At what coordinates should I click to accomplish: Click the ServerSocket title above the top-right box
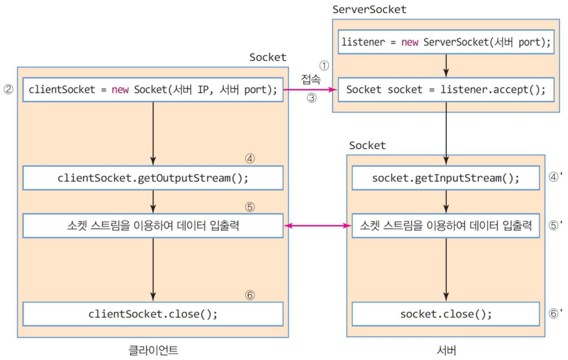(x=369, y=10)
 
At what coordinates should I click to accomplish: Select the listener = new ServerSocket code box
(x=446, y=42)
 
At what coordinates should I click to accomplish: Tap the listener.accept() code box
(x=446, y=89)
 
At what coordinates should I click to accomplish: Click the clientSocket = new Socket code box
(x=153, y=89)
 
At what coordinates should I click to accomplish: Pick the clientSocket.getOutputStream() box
(x=153, y=178)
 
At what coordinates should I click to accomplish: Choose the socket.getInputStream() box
(x=446, y=178)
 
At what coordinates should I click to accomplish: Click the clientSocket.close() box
(x=153, y=314)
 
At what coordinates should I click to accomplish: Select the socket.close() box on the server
(x=446, y=314)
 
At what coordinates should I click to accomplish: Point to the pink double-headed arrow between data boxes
(x=318, y=226)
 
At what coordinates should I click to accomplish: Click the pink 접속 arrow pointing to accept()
(x=310, y=89)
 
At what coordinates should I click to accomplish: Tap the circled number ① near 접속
(x=324, y=65)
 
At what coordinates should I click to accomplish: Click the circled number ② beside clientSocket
(x=9, y=89)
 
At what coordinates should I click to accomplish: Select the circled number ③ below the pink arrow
(x=311, y=98)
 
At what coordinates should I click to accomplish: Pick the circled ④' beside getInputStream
(x=555, y=177)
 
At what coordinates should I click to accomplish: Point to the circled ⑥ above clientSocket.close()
(x=250, y=295)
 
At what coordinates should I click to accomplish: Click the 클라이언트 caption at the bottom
(x=153, y=350)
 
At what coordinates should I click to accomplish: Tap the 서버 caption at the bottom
(x=446, y=350)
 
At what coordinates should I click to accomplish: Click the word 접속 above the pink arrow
(x=311, y=79)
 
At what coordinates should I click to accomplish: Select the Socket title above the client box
(x=268, y=57)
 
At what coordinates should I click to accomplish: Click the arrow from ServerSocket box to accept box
(x=446, y=65)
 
